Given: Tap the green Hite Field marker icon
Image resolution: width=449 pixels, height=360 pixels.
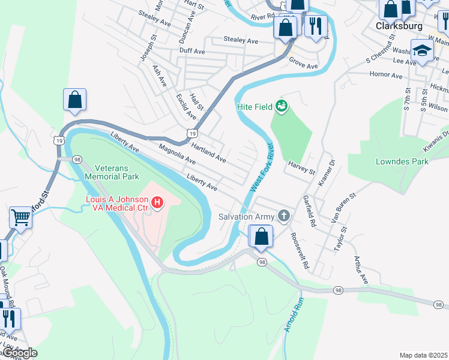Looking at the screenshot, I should click(x=281, y=107).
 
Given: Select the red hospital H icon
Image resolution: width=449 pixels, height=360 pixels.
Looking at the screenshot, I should click(x=157, y=203).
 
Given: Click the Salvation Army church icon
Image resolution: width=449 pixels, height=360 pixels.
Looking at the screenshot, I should click(x=283, y=216).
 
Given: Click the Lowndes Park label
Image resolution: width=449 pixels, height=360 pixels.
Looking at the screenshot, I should click(x=402, y=161).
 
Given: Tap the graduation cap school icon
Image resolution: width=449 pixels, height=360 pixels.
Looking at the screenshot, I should click(x=422, y=51).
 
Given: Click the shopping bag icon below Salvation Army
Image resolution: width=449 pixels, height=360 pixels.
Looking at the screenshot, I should click(x=261, y=236).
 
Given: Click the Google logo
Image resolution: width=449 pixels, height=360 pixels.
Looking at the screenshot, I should click(x=20, y=353).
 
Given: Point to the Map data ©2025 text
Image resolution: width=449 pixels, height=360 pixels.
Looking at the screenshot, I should click(x=424, y=355).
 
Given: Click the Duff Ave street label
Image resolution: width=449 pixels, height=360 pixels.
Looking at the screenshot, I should click(x=191, y=52).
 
